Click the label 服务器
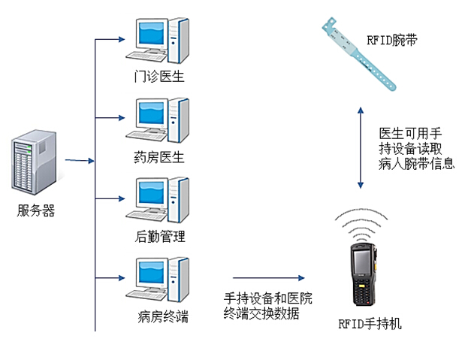36,210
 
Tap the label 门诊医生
159,77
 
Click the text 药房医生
159,157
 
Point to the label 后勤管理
159,237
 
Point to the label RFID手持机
370,325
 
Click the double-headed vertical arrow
362,147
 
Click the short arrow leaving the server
78,160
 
